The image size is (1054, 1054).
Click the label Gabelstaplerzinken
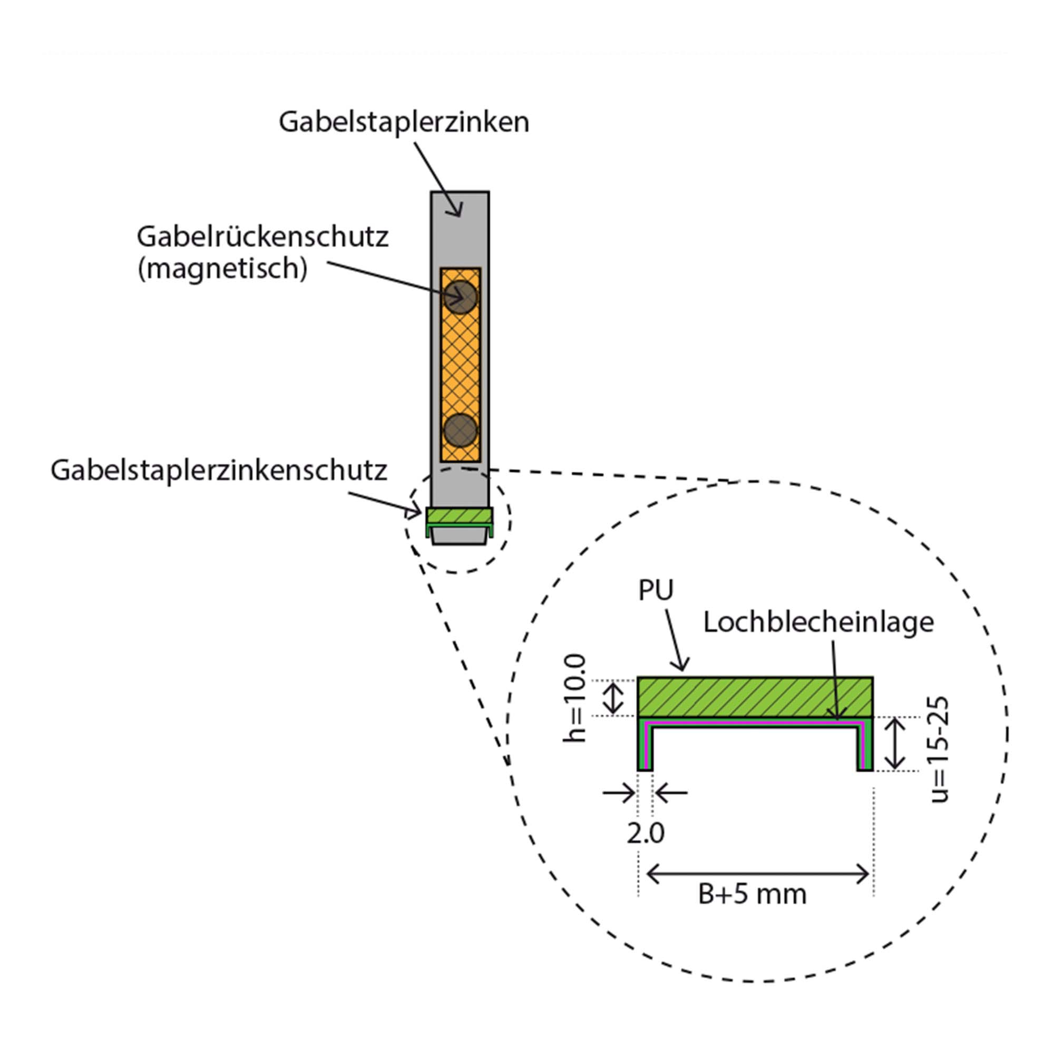point(404,122)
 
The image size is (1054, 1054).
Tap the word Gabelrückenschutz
point(262,237)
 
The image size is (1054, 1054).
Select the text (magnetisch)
point(222,268)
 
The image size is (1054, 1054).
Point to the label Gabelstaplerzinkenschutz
point(219,470)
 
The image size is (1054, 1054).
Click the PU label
point(656,590)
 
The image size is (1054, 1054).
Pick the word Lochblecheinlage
point(818,622)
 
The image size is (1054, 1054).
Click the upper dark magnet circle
point(461,297)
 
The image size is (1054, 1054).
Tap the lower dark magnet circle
point(461,430)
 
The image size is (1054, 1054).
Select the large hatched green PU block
point(755,697)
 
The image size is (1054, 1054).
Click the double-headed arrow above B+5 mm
point(757,874)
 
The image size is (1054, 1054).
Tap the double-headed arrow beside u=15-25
point(895,744)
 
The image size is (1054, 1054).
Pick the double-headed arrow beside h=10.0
point(614,698)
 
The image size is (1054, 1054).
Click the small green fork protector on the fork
point(460,516)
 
